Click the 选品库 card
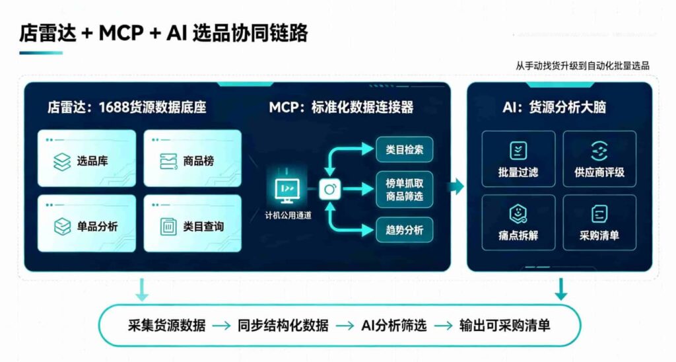86,159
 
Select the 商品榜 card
192,159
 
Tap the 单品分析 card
86,223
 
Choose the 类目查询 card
192,223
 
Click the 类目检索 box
405,150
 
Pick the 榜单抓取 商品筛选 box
405,190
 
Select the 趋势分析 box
405,230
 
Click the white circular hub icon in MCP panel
330,190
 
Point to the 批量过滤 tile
518,159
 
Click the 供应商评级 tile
599,159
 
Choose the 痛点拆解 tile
518,223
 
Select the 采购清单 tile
599,223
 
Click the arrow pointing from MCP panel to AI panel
456,187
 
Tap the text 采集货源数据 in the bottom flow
166,325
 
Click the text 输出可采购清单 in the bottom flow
505,325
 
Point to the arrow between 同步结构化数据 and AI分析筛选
345,326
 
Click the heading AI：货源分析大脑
555,107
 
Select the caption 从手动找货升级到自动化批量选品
582,65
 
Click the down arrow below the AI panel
560,289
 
